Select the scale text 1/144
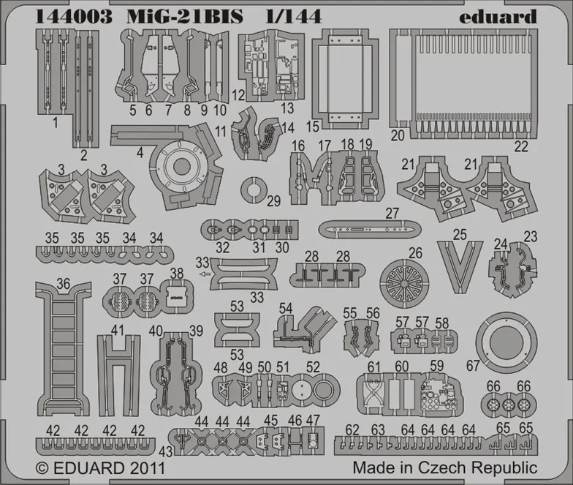(293, 16)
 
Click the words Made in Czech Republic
(444, 467)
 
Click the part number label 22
(520, 146)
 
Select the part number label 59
(436, 366)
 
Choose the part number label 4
(140, 154)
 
